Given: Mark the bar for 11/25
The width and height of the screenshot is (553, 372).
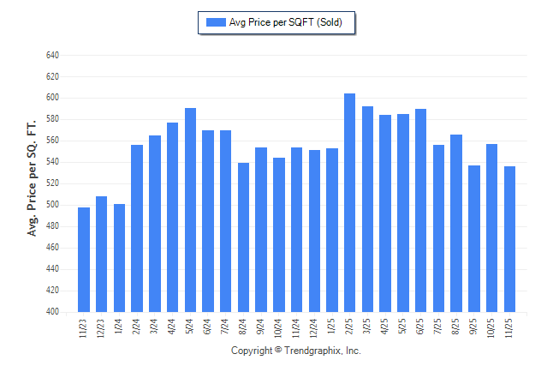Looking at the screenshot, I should point(510,239).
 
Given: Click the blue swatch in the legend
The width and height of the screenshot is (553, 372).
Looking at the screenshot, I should point(215,22).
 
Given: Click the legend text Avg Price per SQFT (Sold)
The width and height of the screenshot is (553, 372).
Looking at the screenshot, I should point(286,22).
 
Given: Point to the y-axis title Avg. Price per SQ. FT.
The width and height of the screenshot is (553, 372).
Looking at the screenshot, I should point(32,177).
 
